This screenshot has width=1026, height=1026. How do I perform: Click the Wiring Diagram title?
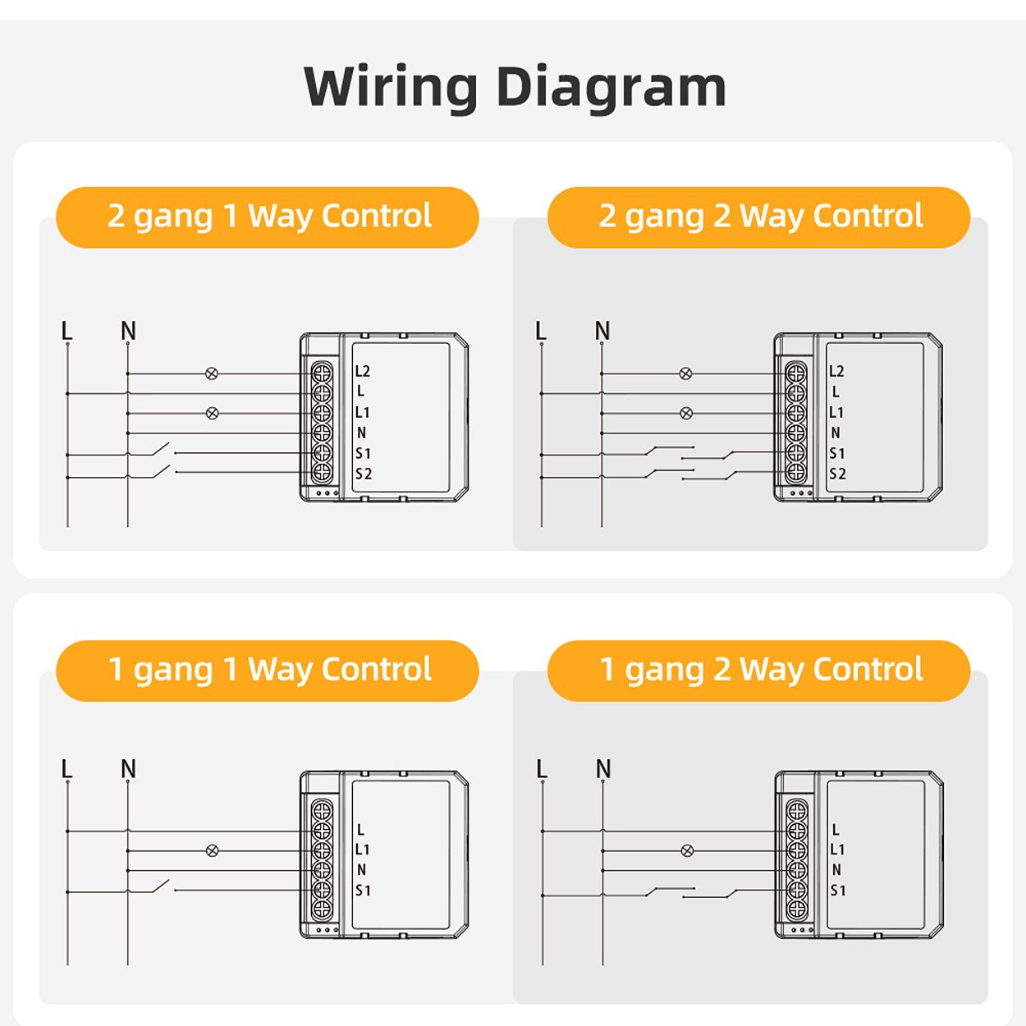[x=515, y=86]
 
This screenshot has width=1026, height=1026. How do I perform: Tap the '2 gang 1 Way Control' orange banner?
[x=268, y=217]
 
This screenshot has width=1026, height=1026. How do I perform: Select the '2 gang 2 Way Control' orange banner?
[x=759, y=217]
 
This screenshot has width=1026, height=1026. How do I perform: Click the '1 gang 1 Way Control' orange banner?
[x=268, y=671]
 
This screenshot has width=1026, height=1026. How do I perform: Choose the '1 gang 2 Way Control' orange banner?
[x=759, y=671]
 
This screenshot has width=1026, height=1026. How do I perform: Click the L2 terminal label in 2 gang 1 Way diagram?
[x=362, y=372]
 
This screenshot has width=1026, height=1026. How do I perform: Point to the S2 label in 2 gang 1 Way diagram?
[x=363, y=474]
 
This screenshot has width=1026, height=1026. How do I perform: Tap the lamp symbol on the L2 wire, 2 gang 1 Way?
[x=212, y=373]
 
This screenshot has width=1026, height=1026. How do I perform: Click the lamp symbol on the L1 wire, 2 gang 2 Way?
[x=686, y=413]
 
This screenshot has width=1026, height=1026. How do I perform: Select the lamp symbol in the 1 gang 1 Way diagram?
[x=212, y=850]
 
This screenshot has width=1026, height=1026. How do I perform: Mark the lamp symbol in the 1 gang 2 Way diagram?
[x=687, y=850]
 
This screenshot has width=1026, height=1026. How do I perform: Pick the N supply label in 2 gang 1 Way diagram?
[x=128, y=331]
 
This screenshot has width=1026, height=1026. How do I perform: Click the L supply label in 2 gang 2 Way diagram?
[x=540, y=331]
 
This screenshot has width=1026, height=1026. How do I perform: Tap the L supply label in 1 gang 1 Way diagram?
[x=67, y=769]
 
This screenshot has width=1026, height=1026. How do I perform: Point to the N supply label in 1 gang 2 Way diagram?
[x=603, y=769]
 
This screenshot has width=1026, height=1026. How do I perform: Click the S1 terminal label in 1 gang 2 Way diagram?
[x=837, y=891]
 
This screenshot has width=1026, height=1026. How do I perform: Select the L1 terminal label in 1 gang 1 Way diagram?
[x=362, y=850]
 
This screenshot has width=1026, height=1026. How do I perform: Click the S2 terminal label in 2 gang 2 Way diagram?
[x=837, y=474]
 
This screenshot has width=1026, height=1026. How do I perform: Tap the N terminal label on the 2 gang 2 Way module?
[x=836, y=433]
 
